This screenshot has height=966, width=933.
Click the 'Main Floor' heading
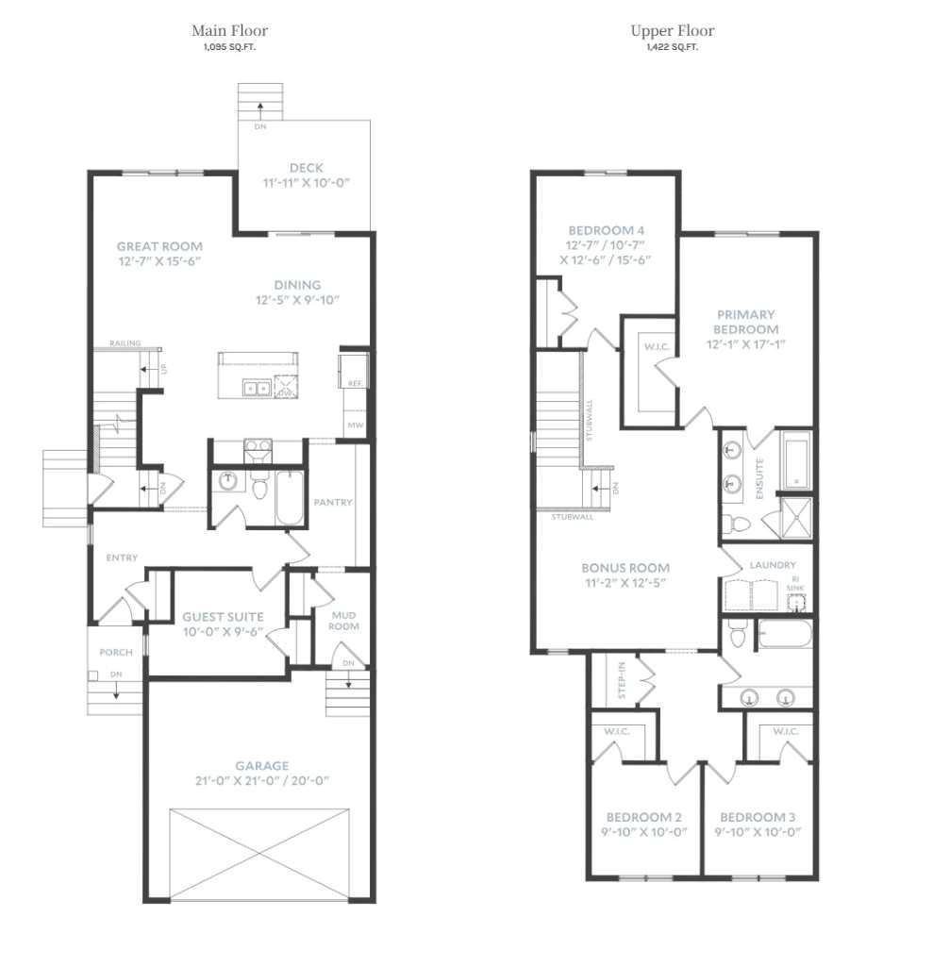click(x=229, y=31)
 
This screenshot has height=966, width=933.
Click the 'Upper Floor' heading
click(x=673, y=31)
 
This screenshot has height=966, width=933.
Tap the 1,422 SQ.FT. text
click(x=673, y=46)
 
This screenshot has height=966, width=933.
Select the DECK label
click(x=307, y=168)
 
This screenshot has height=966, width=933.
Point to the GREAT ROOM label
click(x=159, y=246)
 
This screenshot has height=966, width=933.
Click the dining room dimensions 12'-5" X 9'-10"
click(x=297, y=300)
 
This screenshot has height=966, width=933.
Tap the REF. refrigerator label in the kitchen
click(x=356, y=384)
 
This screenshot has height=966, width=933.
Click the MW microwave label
click(x=356, y=425)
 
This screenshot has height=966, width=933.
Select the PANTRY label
click(x=333, y=503)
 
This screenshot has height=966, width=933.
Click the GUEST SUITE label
click(x=223, y=617)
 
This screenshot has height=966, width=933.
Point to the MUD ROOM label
click(x=343, y=620)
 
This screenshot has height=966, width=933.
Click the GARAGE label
click(x=262, y=766)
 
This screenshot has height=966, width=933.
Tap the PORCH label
click(x=116, y=653)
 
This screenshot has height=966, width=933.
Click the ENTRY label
click(x=122, y=558)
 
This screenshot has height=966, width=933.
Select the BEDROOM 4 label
click(x=606, y=230)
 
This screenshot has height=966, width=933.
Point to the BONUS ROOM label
click(x=625, y=568)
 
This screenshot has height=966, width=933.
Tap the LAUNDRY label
click(x=773, y=565)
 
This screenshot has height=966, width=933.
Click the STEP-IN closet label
click(x=622, y=679)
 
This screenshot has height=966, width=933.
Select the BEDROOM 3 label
click(x=759, y=817)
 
